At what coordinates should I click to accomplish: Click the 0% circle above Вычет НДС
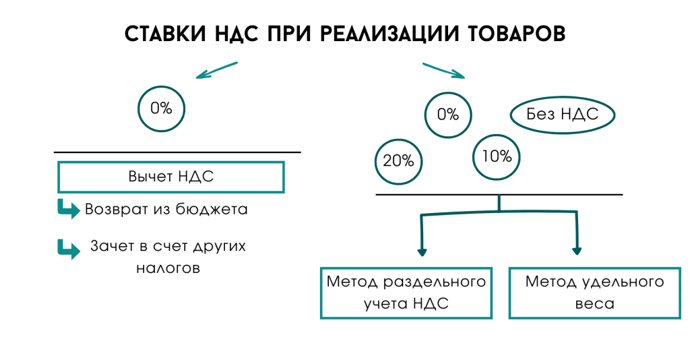click(x=161, y=108)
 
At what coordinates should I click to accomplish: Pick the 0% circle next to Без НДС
click(x=448, y=115)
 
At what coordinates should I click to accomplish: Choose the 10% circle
click(x=497, y=156)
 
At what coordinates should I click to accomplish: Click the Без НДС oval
click(x=563, y=115)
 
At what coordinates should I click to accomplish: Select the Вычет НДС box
click(x=171, y=177)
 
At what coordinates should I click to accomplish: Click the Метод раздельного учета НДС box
click(x=406, y=293)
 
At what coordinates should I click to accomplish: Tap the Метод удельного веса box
click(x=594, y=293)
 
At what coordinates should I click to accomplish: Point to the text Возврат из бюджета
click(x=166, y=210)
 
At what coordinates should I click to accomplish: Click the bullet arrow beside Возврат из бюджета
click(x=68, y=209)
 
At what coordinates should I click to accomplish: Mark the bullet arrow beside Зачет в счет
click(x=68, y=248)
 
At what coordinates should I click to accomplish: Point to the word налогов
click(x=168, y=267)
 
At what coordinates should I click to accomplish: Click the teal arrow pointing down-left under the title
click(x=216, y=70)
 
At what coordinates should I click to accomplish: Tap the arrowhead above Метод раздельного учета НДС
click(x=422, y=251)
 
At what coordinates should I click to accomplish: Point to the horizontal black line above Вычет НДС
click(x=177, y=152)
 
